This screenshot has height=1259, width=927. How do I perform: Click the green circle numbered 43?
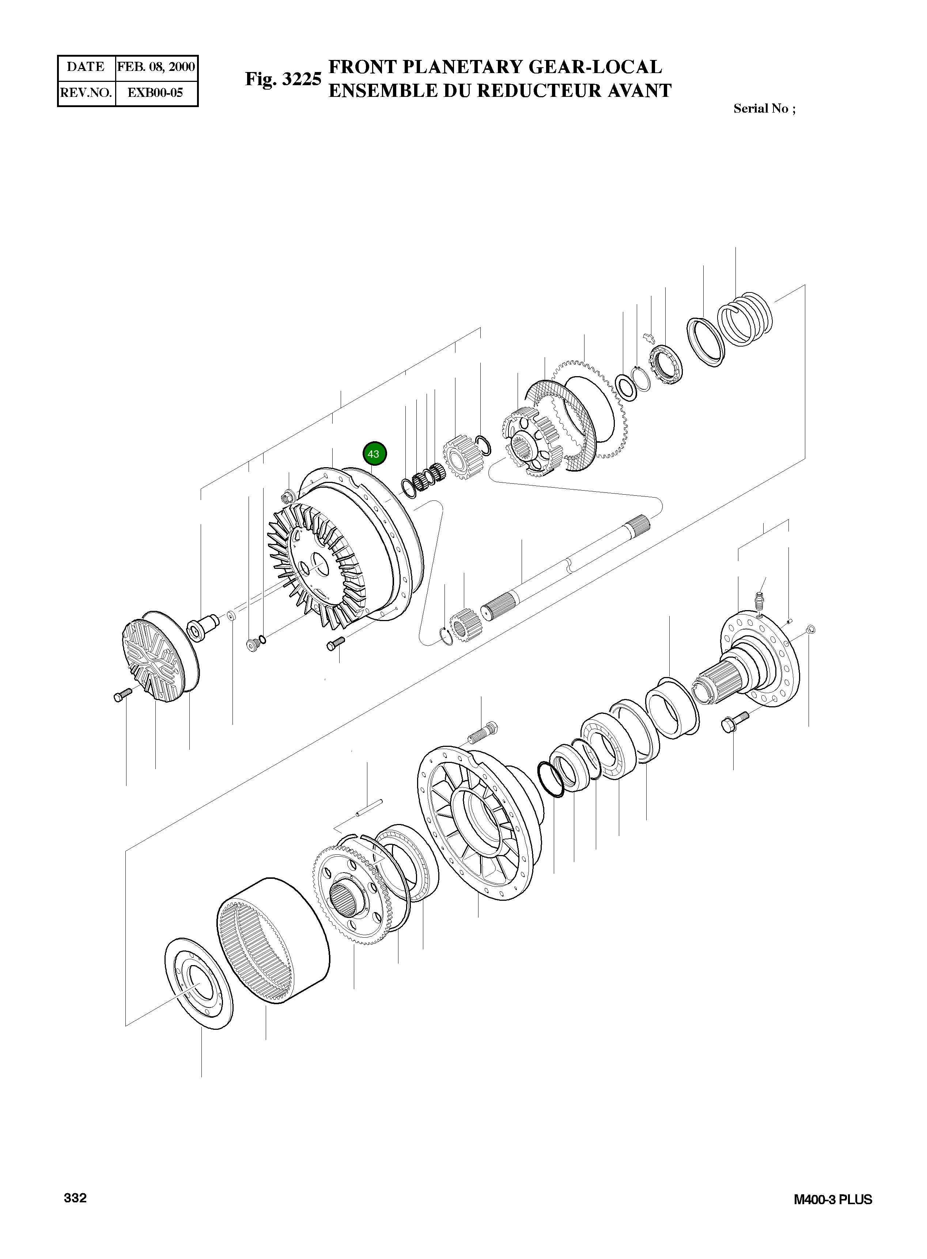click(x=375, y=454)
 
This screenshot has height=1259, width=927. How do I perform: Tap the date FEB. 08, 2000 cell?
click(x=156, y=67)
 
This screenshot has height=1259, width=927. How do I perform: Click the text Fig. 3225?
click(x=283, y=79)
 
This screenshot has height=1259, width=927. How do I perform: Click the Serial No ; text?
click(x=764, y=109)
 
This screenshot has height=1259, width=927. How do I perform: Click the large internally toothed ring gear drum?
click(x=273, y=941)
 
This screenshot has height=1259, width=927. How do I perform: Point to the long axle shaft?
click(x=567, y=567)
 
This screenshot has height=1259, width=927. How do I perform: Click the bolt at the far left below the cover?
click(x=122, y=695)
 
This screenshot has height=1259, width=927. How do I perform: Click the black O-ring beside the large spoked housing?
click(x=550, y=779)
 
